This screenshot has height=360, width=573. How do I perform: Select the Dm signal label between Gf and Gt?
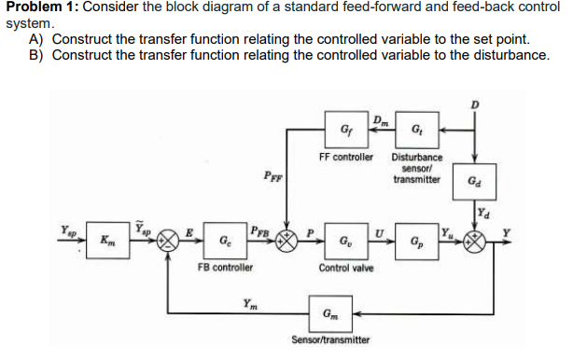(379, 118)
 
